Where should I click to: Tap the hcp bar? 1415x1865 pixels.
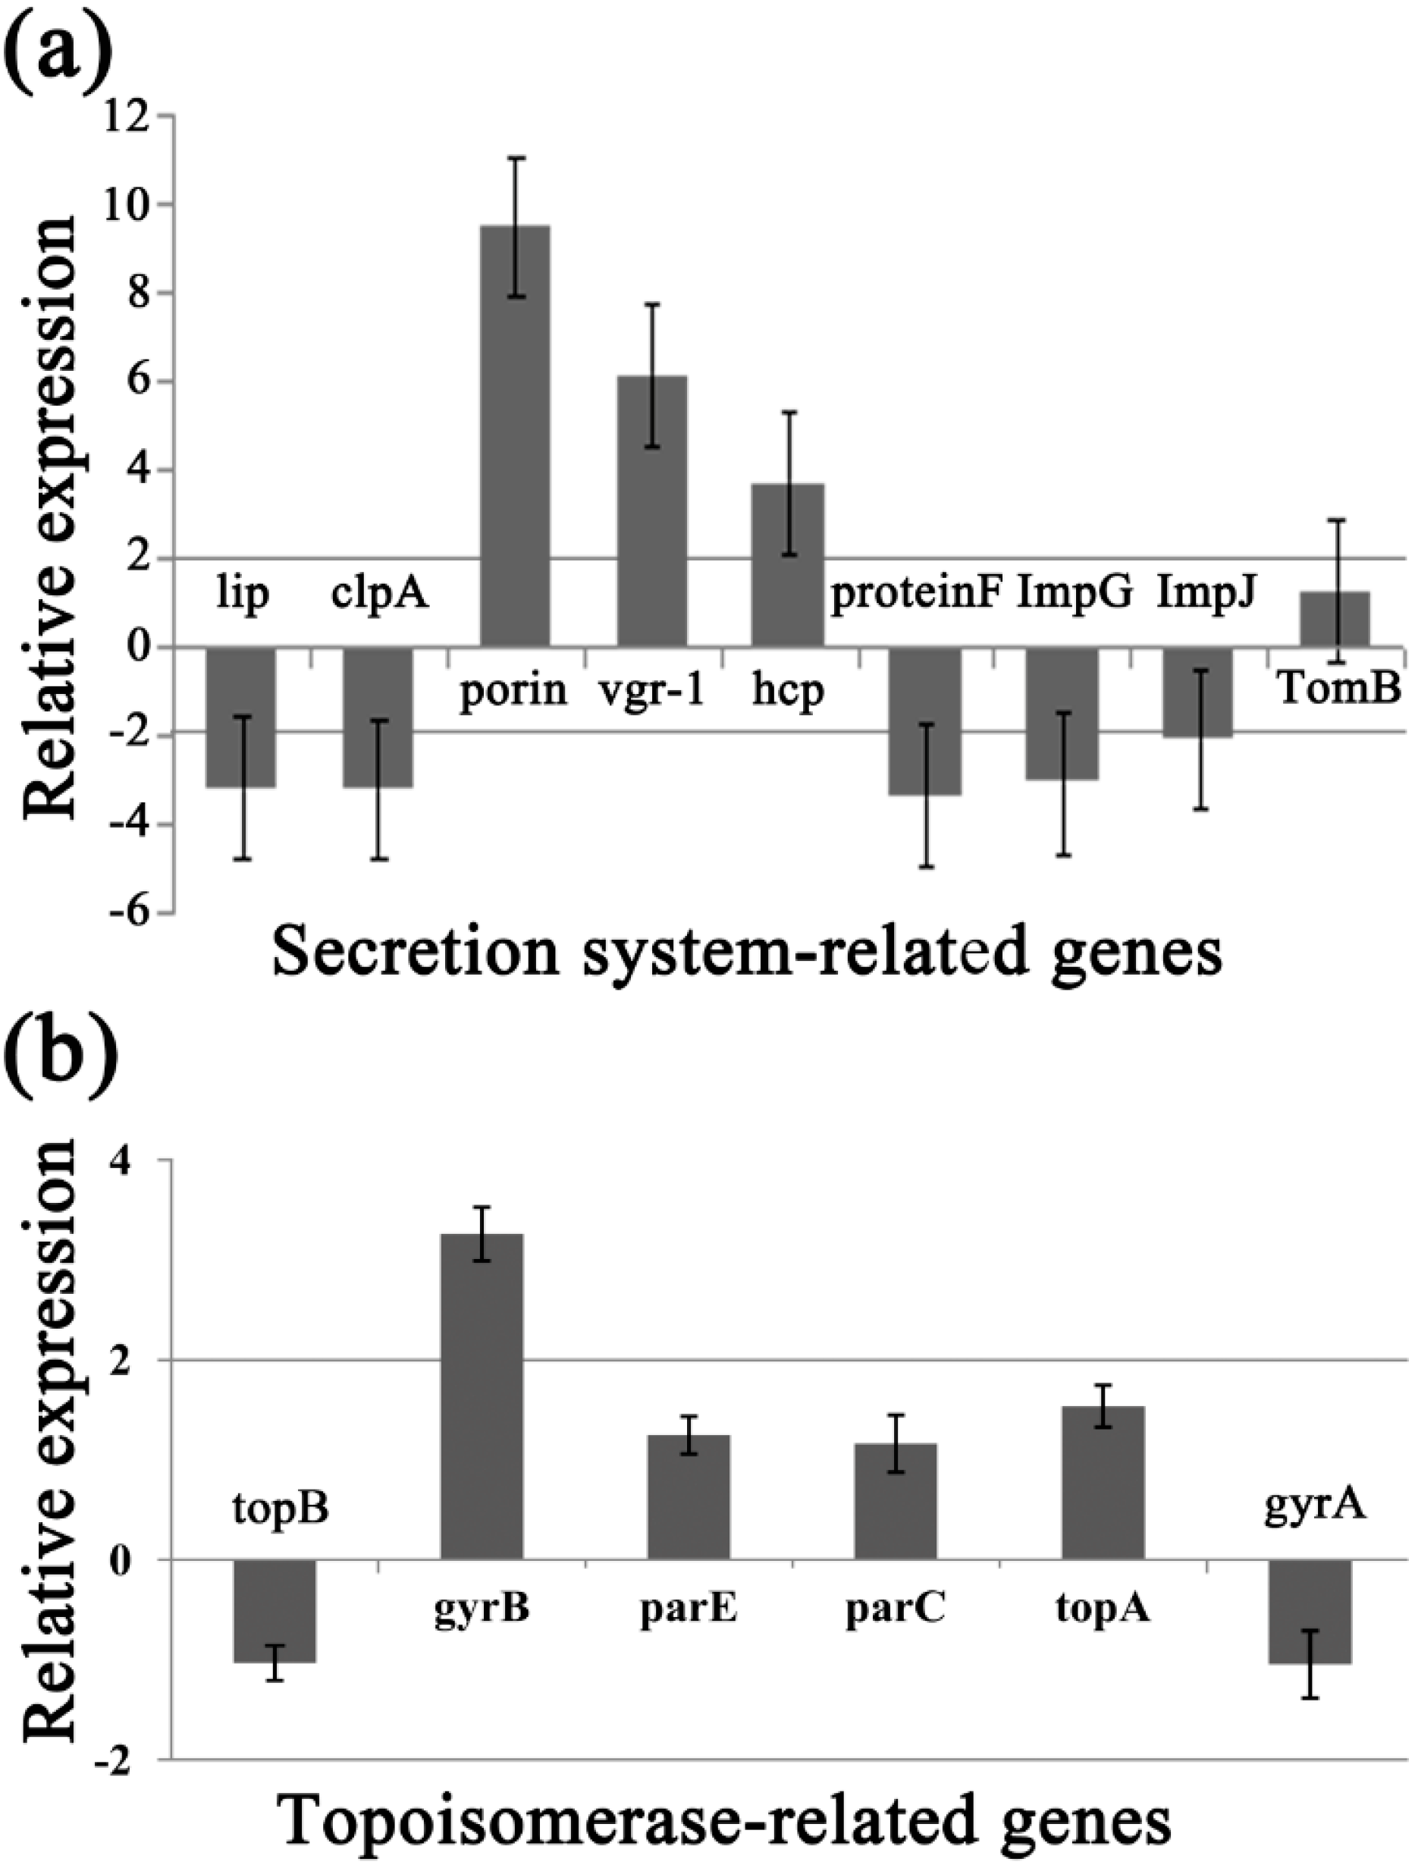(787, 565)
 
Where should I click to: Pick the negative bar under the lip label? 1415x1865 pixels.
(241, 717)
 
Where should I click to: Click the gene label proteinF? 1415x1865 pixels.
(917, 595)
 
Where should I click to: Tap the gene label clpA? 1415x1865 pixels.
(378, 595)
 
